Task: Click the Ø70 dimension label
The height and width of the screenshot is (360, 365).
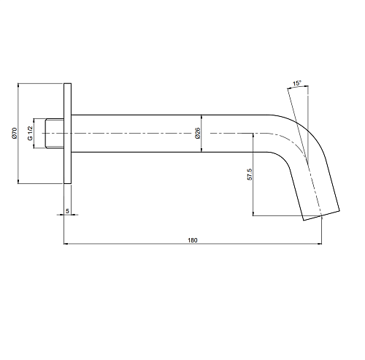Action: tap(15, 133)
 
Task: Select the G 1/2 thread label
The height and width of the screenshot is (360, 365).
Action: tap(30, 133)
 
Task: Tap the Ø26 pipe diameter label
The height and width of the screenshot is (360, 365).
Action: tap(198, 133)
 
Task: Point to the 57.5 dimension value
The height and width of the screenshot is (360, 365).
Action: tap(250, 175)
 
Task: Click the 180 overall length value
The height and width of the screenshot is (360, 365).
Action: tap(193, 240)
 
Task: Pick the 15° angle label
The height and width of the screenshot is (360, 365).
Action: tap(297, 83)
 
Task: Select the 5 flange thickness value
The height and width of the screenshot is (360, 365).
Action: tap(67, 211)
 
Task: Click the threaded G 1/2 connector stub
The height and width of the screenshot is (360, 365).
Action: tap(55, 134)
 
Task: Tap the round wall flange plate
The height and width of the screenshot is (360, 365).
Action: tap(68, 134)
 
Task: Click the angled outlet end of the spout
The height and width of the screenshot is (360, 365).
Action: tap(321, 215)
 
